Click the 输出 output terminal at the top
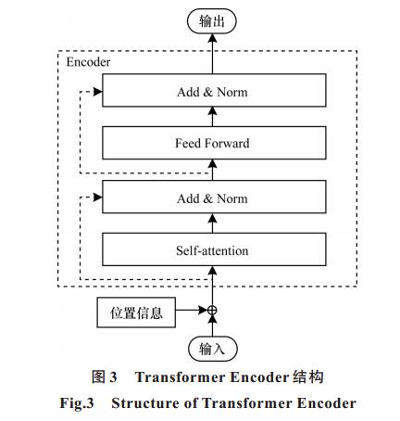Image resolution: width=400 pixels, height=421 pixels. (212, 21)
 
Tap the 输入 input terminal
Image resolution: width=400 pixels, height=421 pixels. (213, 349)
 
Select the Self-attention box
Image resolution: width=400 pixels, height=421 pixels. (214, 249)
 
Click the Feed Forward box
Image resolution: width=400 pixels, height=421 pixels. (214, 143)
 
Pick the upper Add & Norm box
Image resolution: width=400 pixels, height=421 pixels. (214, 90)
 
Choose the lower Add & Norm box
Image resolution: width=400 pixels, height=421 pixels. (214, 197)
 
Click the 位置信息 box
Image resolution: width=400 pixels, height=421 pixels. (136, 313)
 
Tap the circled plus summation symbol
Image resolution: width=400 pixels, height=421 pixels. (212, 310)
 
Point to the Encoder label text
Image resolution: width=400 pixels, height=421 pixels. (88, 62)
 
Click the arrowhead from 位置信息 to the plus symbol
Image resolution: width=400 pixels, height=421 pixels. (203, 310)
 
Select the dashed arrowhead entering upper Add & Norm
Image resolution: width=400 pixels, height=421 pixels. (98, 92)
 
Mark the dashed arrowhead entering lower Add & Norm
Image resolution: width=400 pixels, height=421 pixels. (98, 198)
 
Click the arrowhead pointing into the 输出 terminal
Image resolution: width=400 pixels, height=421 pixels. (212, 38)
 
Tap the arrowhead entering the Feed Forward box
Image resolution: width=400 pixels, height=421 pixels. (212, 164)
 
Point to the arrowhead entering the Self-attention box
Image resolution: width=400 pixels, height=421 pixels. (212, 271)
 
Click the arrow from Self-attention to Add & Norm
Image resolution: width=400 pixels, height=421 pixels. (212, 223)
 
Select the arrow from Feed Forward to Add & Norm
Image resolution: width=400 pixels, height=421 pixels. (212, 117)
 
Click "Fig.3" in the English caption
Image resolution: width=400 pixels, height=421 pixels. (77, 403)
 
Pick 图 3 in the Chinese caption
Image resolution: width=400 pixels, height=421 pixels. (105, 377)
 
